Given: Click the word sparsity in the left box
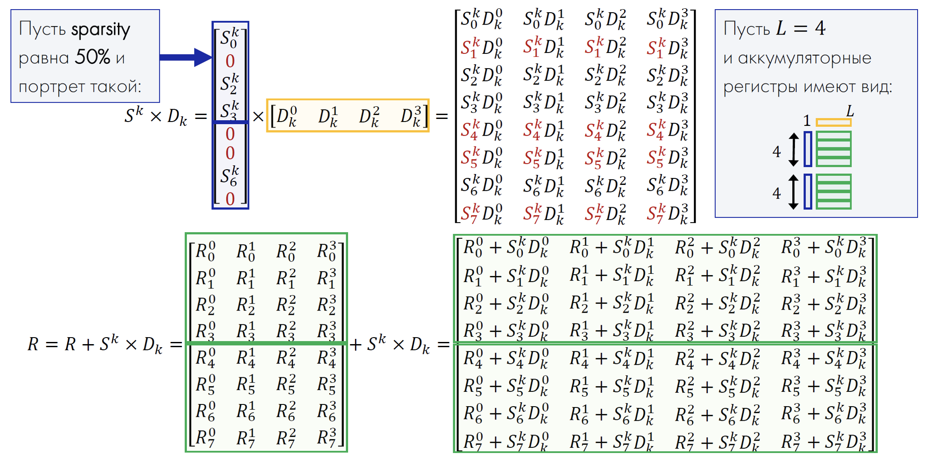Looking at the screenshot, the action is click(100, 30).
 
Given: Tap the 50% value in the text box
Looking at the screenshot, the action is click(92, 57).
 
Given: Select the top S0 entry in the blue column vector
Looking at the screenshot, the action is click(230, 38).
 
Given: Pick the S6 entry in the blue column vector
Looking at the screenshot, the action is click(230, 176).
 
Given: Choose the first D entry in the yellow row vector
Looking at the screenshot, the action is click(286, 117).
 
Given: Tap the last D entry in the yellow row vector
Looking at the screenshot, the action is click(411, 117).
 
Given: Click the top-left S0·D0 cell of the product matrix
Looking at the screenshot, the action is click(482, 20).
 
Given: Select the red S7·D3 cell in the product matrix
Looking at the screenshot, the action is click(667, 213).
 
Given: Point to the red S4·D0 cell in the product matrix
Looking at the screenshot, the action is click(482, 131).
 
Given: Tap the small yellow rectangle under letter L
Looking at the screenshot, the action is click(833, 123).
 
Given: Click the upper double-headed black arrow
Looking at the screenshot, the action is click(794, 150).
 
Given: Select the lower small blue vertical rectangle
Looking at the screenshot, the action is click(808, 192).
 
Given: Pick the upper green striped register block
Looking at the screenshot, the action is click(833, 149).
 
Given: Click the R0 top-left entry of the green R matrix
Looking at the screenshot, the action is click(205, 251).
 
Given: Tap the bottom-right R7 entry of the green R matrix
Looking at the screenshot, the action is click(327, 437).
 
